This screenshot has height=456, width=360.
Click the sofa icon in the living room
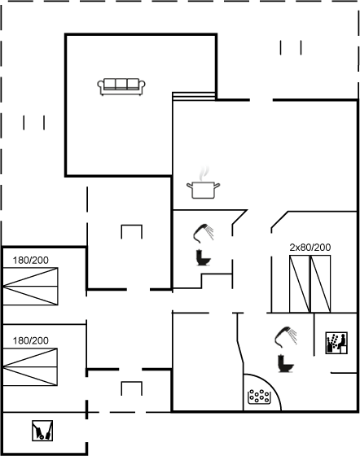tap(121, 87)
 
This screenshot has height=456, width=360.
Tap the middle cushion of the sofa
tap(121, 84)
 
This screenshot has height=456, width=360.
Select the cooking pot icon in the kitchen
tap(204, 190)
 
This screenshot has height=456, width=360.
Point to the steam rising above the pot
tap(204, 173)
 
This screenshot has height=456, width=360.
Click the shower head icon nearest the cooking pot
tap(204, 233)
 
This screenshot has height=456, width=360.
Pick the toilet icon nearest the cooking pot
tap(204, 257)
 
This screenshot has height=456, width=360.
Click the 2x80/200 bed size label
tap(310, 248)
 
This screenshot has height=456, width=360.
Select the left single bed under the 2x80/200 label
tap(299, 284)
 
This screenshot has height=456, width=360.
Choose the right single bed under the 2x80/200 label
tap(320, 284)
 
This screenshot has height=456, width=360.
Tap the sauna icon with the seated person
tap(336, 343)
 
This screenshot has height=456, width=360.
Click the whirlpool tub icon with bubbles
tap(259, 397)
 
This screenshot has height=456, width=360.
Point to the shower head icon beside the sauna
tap(285, 337)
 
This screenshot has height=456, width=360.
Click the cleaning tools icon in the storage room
tap(42, 431)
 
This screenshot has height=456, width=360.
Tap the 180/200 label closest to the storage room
tap(30, 340)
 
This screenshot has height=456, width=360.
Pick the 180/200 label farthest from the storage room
tap(30, 261)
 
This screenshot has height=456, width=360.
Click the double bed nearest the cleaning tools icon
tap(30, 367)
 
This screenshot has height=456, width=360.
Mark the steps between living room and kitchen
tap(194, 97)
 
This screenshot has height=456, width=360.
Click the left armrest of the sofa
tap(101, 86)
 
